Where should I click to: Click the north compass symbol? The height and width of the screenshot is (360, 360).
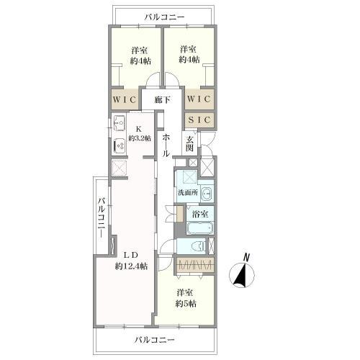point(242,276)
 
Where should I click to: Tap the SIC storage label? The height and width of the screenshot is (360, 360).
point(199,120)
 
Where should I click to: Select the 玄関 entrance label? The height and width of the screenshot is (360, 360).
point(189,143)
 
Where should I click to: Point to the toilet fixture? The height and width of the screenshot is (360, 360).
point(199,246)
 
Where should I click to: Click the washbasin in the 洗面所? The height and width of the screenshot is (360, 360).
point(206,192)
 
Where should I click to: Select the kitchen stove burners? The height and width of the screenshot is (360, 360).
point(120,145)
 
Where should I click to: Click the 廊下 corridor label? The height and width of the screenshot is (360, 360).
point(163,100)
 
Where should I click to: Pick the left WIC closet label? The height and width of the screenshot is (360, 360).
point(125,99)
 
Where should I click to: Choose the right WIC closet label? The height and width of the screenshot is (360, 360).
point(199,99)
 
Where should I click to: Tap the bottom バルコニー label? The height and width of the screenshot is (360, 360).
point(154,340)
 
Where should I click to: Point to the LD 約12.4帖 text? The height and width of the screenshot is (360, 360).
point(131,261)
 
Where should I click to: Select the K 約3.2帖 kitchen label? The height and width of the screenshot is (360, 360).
point(140,134)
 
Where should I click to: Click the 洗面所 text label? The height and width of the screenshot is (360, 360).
point(188,192)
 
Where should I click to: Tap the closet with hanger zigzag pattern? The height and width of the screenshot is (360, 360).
point(194,265)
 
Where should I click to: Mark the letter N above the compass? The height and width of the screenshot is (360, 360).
point(246,257)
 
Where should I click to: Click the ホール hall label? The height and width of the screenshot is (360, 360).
point(166,145)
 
